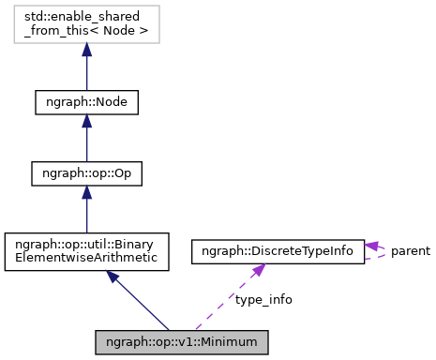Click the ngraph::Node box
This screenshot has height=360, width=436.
point(86,101)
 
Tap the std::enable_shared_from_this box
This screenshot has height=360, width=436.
point(86,27)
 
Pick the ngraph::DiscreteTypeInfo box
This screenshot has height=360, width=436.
point(277,250)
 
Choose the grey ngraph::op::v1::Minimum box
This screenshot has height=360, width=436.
point(182,340)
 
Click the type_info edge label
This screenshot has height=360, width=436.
point(263,299)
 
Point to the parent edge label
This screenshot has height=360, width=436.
point(410,250)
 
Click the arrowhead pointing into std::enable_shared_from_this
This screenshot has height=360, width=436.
point(86,52)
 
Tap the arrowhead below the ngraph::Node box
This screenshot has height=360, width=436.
point(86,124)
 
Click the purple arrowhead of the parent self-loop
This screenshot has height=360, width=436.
point(371,245)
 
